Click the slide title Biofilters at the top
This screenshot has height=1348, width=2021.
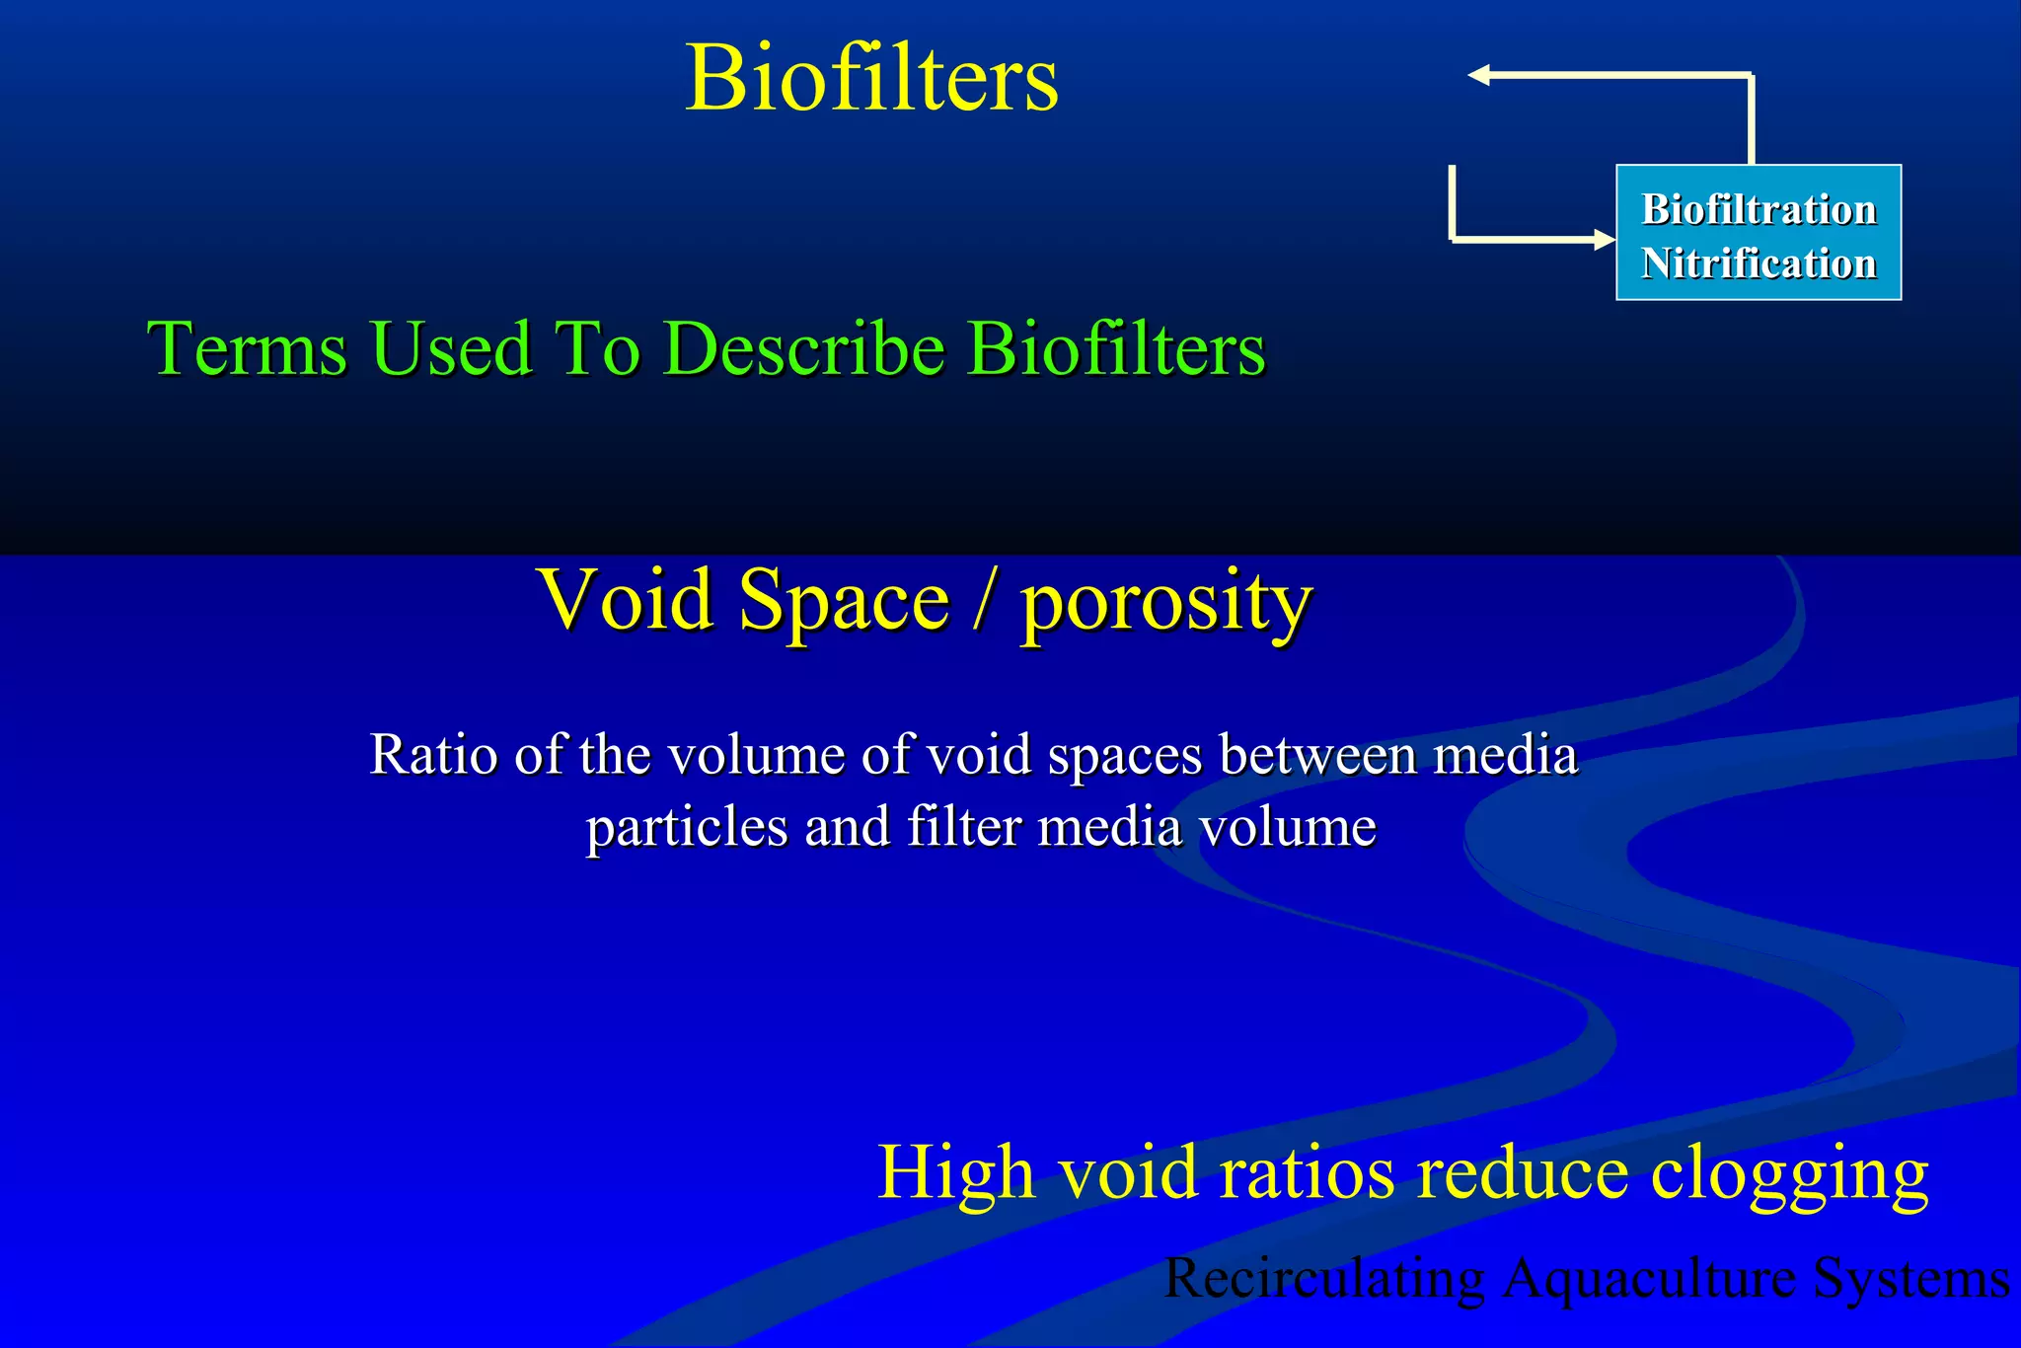871,78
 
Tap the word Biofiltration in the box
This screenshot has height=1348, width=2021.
1759,209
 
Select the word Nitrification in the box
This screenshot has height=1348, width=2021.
1759,263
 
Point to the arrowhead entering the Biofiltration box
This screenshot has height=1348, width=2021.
1604,239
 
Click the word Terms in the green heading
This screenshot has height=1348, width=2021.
247,348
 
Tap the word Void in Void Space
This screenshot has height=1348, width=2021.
626,600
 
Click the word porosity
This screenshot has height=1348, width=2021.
1165,604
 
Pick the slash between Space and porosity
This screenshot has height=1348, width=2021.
983,602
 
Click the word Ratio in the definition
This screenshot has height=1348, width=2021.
433,755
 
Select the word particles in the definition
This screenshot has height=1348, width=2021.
686,828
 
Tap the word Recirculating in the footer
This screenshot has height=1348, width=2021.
1324,1279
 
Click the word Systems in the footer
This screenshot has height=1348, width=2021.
1910,1279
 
